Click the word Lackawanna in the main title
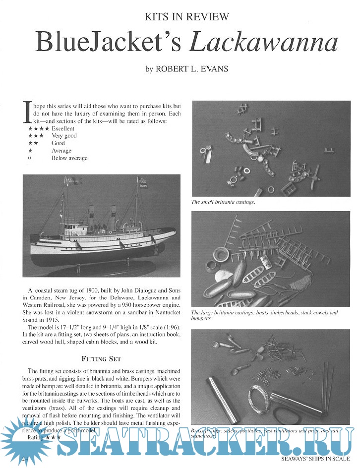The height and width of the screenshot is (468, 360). point(264,44)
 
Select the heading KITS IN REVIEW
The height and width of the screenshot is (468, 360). point(186,17)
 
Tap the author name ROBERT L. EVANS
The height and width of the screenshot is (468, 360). point(192,69)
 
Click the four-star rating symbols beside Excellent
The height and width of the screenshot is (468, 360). point(39,128)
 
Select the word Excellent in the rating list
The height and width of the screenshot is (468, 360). point(63,128)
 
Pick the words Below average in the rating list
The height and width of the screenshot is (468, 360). point(69,158)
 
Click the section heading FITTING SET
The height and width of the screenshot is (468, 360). point(102,358)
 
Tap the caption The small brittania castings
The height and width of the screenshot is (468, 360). point(219,202)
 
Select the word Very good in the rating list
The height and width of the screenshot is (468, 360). point(64,136)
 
